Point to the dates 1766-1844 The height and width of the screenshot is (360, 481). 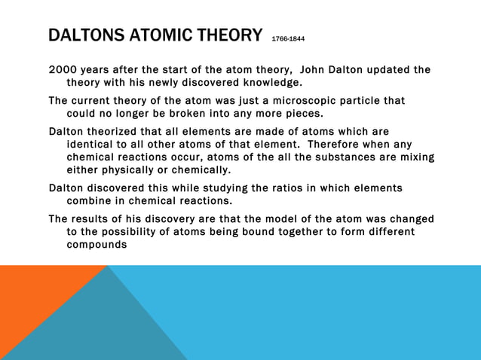[290, 38]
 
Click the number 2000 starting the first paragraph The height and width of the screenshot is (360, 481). [63, 70]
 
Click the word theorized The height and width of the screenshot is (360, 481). [119, 132]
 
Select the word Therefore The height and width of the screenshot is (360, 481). [332, 144]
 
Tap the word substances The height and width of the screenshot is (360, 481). [354, 157]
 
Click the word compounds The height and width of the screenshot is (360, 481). [97, 244]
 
